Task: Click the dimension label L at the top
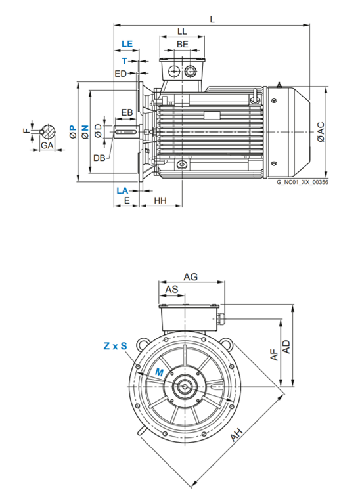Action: click(212, 19)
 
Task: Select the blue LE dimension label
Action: click(127, 44)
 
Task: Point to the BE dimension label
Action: click(182, 44)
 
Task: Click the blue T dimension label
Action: click(124, 60)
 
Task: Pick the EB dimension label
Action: click(127, 113)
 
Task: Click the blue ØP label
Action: click(73, 131)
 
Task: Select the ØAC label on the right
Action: click(320, 131)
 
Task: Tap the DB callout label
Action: click(99, 158)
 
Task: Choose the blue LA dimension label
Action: click(122, 190)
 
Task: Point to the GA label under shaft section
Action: click(47, 144)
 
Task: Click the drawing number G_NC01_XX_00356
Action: click(302, 182)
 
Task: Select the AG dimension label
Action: click(191, 278)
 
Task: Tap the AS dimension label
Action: click(171, 290)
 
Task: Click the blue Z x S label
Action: click(114, 345)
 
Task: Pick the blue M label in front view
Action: click(158, 372)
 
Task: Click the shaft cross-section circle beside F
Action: click(48, 130)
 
